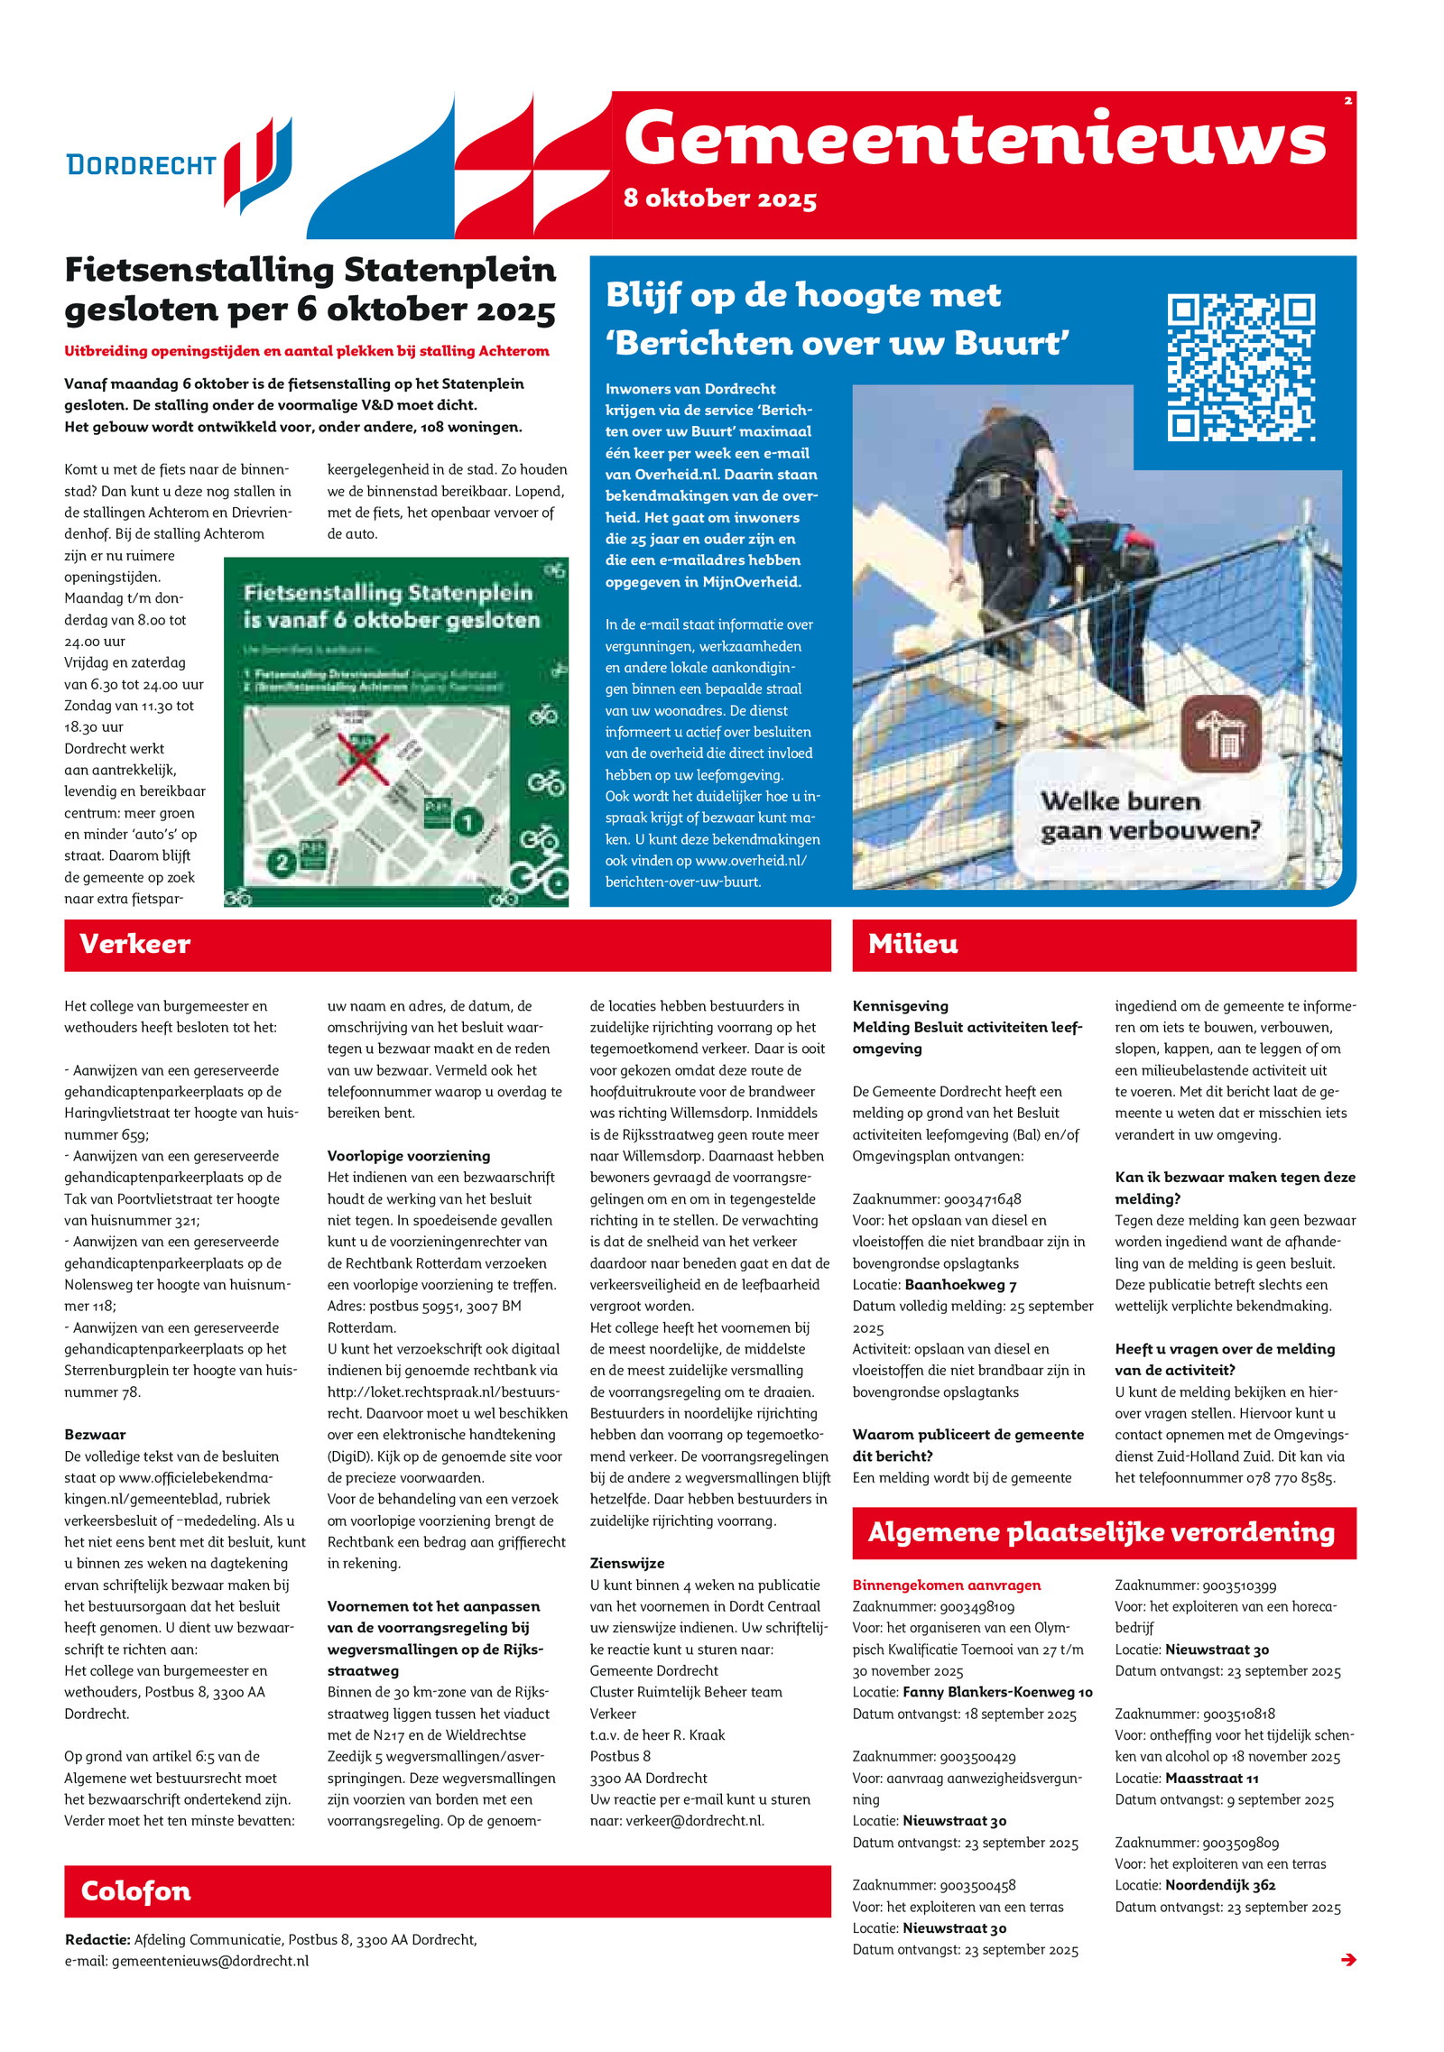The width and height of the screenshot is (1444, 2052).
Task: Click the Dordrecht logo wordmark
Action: point(141,165)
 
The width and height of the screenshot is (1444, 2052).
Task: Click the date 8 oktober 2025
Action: point(719,199)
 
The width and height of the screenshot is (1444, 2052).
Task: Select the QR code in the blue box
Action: point(1240,367)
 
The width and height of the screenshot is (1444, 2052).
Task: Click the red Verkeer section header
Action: point(447,945)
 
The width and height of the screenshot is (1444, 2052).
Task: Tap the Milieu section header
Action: point(1103,945)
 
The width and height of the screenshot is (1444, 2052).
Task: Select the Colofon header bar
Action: point(447,1890)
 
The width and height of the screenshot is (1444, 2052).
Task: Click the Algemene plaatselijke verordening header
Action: point(1103,1532)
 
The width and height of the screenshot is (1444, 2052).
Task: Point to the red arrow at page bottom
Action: point(1348,1959)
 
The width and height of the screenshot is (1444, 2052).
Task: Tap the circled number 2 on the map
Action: point(282,863)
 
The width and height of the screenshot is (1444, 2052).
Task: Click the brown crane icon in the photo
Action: point(1220,734)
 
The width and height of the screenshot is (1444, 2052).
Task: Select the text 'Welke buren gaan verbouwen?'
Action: point(1149,816)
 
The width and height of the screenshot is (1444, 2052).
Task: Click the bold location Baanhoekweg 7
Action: point(960,1285)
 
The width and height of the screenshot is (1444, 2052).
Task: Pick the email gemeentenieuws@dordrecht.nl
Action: point(209,1960)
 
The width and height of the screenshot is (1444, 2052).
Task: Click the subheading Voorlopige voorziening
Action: point(408,1156)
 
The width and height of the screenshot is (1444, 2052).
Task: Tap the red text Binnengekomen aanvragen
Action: point(946,1585)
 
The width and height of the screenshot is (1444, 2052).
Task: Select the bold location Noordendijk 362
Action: point(1219,1885)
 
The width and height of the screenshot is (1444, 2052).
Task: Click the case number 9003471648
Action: point(982,1199)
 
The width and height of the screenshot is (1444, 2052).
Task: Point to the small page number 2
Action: point(1347,100)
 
